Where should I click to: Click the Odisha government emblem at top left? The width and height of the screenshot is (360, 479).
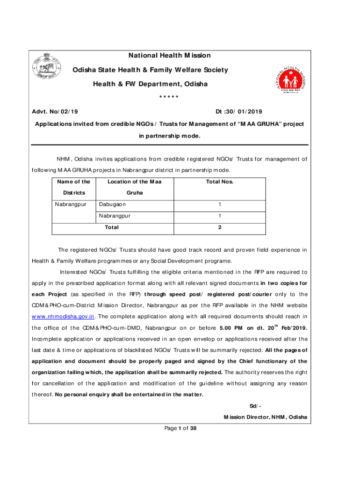coord(47,67)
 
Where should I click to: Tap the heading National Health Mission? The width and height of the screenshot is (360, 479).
coord(169,56)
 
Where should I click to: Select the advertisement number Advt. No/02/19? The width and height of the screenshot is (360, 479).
coord(55,111)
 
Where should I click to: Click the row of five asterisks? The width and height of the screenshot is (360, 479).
coord(169,97)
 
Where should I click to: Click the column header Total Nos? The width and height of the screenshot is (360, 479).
coord(220,181)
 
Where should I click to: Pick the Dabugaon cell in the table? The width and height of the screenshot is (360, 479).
coord(112,204)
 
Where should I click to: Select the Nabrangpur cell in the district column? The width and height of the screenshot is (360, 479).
coord(71,204)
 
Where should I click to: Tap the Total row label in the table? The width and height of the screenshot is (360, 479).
coord(112,227)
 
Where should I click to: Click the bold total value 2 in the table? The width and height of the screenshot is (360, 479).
coord(220,227)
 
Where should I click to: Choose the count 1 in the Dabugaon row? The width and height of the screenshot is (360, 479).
coord(220,204)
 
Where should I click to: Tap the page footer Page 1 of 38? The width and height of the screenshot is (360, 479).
coord(180,428)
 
